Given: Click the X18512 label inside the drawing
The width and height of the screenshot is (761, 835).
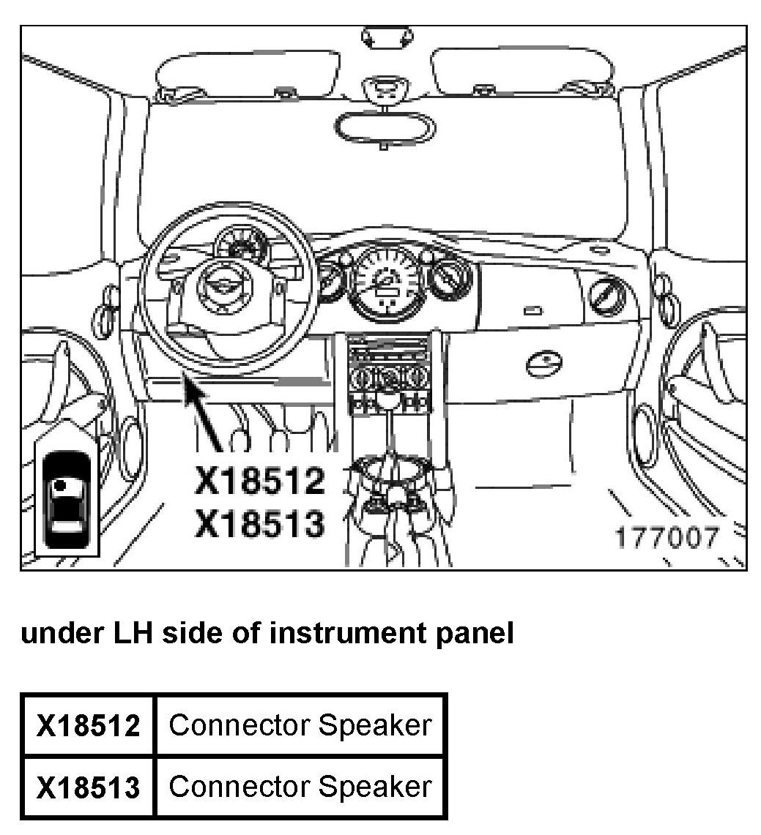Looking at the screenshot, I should tap(259, 482).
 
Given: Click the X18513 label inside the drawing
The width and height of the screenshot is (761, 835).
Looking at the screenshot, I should tap(259, 524).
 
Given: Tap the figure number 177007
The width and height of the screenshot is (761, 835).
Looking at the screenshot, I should tap(666, 539).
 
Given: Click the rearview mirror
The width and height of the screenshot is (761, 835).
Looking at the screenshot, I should tap(384, 128).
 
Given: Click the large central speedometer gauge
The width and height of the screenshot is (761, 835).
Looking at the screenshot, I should tap(385, 282).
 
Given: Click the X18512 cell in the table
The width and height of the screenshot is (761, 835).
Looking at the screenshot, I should tap(89, 726).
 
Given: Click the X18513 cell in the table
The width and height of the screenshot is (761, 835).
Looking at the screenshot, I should tap(89, 787).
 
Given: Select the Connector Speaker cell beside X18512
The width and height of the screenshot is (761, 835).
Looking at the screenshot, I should tap(300, 725).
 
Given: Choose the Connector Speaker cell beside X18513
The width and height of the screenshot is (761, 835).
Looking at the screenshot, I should tap(300, 787).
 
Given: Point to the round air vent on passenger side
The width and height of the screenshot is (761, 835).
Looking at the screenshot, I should tap(606, 296).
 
